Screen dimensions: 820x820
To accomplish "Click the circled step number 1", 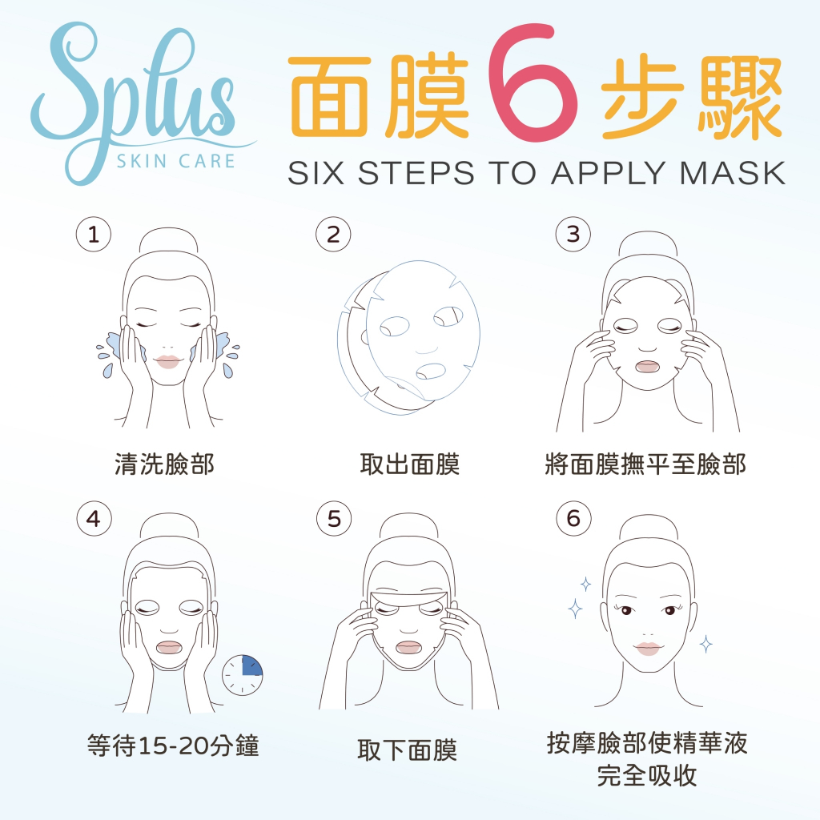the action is (94, 235).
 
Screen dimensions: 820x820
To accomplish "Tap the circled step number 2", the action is (333, 235).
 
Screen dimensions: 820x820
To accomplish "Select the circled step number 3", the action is (573, 235).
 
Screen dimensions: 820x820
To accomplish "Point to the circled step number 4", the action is (94, 519).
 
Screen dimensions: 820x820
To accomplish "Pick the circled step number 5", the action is (334, 519).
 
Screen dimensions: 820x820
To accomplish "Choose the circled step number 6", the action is (573, 519).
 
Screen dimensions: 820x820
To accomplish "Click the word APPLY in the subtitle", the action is (609, 173).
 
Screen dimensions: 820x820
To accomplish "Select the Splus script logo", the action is (139, 99).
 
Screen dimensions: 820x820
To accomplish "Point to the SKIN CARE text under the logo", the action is (175, 161).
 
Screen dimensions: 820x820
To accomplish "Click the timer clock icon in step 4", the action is (242, 674).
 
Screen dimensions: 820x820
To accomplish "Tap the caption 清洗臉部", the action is (164, 464).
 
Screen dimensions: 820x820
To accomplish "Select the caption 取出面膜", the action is (409, 464).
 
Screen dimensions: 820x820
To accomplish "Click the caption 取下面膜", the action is (408, 750).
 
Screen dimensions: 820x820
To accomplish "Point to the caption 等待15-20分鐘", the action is (173, 746).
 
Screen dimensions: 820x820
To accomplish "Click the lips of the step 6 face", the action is (648, 649).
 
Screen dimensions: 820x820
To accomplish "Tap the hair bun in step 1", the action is (169, 240).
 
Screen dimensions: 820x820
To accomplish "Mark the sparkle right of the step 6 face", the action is (705, 644).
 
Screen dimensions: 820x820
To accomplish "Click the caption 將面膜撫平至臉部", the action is (645, 464).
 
